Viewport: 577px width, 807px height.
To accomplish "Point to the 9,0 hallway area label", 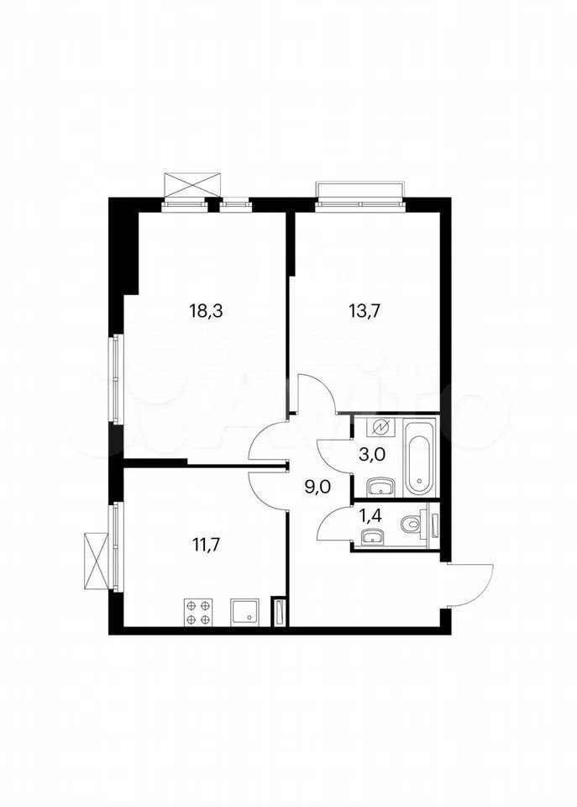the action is point(317,487).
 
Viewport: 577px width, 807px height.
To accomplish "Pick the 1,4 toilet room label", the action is point(370,516).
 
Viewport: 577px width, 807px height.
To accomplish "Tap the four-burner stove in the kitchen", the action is point(198,612).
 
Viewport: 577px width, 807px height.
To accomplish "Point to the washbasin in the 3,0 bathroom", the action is point(381,487).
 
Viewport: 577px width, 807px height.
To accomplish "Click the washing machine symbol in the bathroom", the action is point(381,428).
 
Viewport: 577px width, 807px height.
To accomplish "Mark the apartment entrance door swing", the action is point(470,586).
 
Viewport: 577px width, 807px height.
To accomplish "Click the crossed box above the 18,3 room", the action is point(195,186).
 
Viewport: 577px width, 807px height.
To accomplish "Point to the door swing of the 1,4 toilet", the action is point(334,524).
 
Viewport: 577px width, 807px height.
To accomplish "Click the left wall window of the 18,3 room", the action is point(117,379).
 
